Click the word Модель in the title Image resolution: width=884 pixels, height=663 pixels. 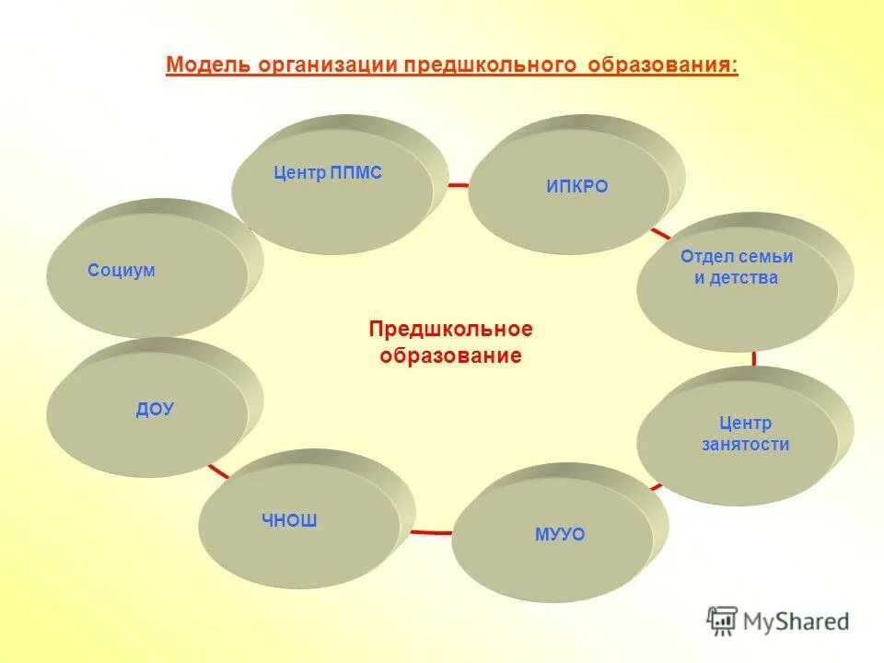(x=208, y=66)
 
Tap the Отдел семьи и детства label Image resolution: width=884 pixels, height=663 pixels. (x=736, y=267)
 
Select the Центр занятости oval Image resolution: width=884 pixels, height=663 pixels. (x=745, y=434)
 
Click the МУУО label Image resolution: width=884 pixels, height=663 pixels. (x=560, y=534)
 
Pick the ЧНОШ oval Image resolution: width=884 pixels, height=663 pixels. (x=289, y=521)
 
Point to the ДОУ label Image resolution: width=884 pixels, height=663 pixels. (x=155, y=410)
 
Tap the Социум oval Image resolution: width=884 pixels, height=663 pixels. (x=122, y=271)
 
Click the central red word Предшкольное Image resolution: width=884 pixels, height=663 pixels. (x=450, y=330)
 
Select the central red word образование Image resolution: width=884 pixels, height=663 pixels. (x=450, y=356)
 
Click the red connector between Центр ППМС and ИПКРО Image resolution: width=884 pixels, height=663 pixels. (x=458, y=185)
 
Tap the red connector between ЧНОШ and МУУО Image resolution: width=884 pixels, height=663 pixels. (x=430, y=532)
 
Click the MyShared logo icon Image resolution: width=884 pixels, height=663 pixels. (x=723, y=622)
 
